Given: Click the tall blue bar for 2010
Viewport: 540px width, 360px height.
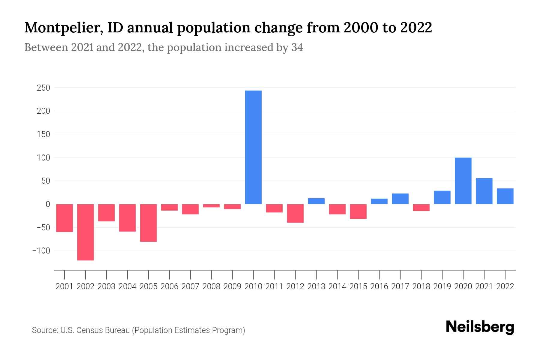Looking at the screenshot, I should (x=253, y=147).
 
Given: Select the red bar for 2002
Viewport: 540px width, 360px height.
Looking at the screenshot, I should (x=85, y=232).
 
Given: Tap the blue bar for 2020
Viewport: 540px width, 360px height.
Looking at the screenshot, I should (x=463, y=181).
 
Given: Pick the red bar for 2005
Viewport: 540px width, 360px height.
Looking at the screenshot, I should (x=148, y=223).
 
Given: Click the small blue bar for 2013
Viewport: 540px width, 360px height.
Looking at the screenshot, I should (x=316, y=201).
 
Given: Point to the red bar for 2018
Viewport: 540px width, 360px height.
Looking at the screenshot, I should (x=421, y=207).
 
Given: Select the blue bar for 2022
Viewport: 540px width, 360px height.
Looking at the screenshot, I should (x=505, y=196).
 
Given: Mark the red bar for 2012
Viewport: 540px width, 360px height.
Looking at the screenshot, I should (x=295, y=213).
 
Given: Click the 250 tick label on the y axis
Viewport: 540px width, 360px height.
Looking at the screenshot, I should (x=43, y=88).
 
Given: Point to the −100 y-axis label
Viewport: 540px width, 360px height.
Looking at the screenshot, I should (x=41, y=250).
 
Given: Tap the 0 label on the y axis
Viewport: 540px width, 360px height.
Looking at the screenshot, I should (x=48, y=204).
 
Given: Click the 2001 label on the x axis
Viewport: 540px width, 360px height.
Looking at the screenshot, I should (x=64, y=286).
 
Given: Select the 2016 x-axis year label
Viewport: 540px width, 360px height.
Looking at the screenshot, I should (x=379, y=286).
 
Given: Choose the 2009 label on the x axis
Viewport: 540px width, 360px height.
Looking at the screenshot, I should (x=232, y=286).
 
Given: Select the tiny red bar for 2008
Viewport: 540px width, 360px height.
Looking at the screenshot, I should (x=211, y=205).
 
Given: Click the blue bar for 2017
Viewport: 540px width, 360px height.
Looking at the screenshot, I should (x=400, y=199).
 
